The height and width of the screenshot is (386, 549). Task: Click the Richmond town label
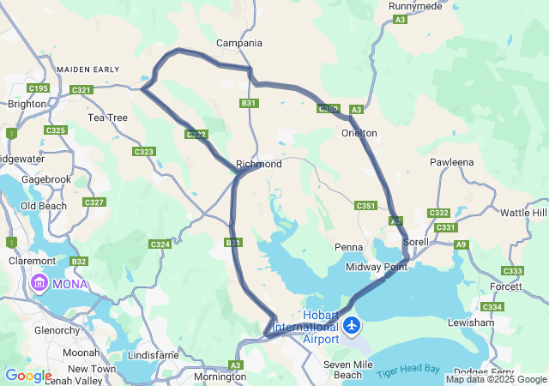tap(258, 164)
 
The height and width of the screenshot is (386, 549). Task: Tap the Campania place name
tap(239, 43)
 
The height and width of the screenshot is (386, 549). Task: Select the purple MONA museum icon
tap(39, 282)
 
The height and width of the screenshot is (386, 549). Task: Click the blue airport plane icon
tap(352, 327)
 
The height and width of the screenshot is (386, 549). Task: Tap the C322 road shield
tap(196, 134)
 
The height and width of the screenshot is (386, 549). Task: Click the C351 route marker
tap(366, 206)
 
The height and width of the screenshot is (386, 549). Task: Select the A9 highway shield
tap(462, 245)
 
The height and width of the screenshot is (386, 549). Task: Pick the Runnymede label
tap(415, 5)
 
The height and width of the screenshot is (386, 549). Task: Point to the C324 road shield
tap(160, 244)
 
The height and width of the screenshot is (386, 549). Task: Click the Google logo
tap(27, 376)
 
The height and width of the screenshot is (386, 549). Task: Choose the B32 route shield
tap(79, 261)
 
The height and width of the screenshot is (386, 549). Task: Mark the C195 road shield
tap(39, 88)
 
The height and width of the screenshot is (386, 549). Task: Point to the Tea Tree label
tap(107, 118)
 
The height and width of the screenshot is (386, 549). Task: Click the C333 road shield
tap(512, 271)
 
